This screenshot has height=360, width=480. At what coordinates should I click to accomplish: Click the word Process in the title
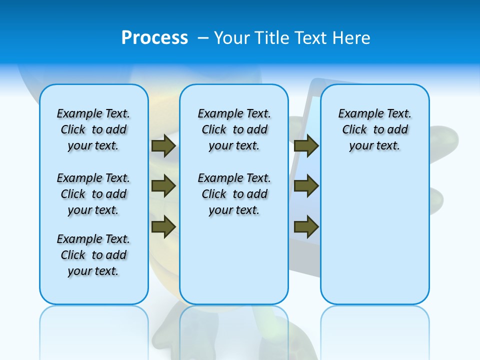(154, 37)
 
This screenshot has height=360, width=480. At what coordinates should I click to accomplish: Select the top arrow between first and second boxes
(163, 145)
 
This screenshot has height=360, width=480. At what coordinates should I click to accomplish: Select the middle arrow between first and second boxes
(163, 186)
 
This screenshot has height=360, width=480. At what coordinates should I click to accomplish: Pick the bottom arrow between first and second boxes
(163, 226)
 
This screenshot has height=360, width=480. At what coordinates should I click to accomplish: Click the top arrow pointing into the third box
(306, 145)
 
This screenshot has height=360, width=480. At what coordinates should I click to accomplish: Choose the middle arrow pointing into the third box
(306, 186)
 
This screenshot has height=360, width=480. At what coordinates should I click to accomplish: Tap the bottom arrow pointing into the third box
(306, 226)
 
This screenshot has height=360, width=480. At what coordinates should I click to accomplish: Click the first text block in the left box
(93, 129)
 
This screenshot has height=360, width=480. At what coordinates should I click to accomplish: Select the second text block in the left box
(93, 194)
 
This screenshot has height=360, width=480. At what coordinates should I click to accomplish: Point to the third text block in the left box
(93, 255)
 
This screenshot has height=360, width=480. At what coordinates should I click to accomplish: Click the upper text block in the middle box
(234, 129)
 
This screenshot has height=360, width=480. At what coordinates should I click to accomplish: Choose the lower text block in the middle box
(234, 194)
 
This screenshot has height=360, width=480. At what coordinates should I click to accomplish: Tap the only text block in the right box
(375, 129)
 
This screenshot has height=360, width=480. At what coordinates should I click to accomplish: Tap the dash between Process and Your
(203, 38)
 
